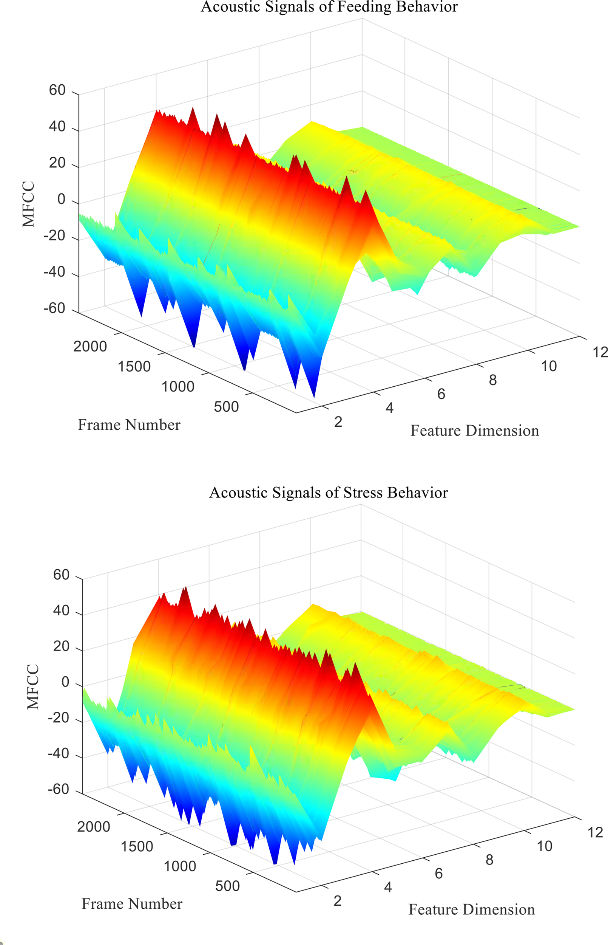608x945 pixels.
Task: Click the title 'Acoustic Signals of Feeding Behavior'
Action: tap(329, 7)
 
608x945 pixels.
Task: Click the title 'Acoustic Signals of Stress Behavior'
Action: tap(328, 493)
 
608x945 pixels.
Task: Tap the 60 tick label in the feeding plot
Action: tap(57, 90)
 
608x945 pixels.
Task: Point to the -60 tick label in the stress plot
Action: tap(59, 789)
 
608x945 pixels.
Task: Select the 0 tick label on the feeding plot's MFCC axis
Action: tap(61, 199)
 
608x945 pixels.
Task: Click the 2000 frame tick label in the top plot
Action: tap(90, 347)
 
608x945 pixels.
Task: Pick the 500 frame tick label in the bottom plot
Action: tap(227, 886)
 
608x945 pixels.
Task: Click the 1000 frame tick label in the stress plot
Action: tap(180, 866)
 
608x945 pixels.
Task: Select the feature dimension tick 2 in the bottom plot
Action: tap(337, 901)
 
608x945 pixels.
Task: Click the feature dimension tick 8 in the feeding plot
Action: tap(492, 380)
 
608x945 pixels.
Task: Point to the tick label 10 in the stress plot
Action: tap(544, 846)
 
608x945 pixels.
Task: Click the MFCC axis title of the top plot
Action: tap(28, 204)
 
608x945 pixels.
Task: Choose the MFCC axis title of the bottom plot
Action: tap(33, 686)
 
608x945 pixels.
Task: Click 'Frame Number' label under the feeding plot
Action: tap(129, 425)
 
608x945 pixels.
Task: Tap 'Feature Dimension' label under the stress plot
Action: tap(471, 909)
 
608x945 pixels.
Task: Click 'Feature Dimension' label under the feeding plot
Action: tap(475, 431)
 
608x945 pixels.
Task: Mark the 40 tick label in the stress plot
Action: tap(61, 610)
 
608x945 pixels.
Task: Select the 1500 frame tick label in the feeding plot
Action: tap(134, 367)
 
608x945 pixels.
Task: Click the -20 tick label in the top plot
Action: tap(54, 235)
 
